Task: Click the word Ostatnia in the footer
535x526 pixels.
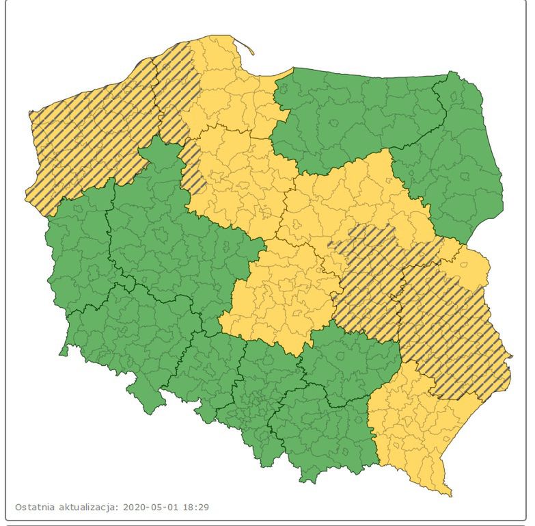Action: point(36,508)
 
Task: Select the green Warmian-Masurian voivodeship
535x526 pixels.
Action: point(355,116)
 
